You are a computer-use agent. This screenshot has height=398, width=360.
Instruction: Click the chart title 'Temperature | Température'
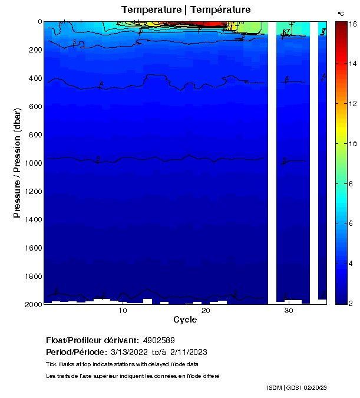[186, 10]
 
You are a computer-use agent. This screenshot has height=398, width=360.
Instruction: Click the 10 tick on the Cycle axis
[123, 311]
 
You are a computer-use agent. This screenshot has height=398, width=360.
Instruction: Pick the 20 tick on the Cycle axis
[206, 311]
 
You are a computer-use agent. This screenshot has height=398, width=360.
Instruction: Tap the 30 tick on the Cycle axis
[289, 311]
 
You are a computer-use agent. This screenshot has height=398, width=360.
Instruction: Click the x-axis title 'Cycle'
[185, 320]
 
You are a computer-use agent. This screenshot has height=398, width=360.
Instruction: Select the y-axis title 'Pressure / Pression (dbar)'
[17, 163]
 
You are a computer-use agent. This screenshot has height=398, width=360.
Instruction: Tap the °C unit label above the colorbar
[341, 14]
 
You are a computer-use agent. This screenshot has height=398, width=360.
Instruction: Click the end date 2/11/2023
[188, 352]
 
